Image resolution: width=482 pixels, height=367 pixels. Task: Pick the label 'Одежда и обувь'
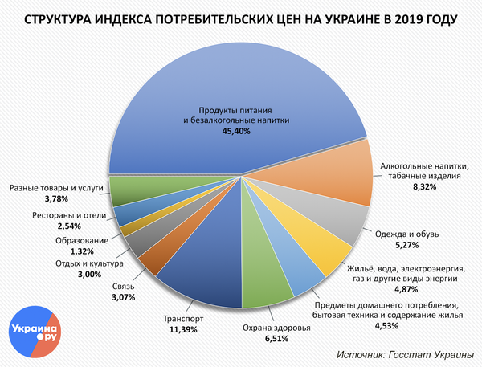[406, 234]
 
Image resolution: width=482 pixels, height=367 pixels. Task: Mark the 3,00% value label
[92, 275]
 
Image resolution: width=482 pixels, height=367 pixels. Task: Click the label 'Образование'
[82, 241]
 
